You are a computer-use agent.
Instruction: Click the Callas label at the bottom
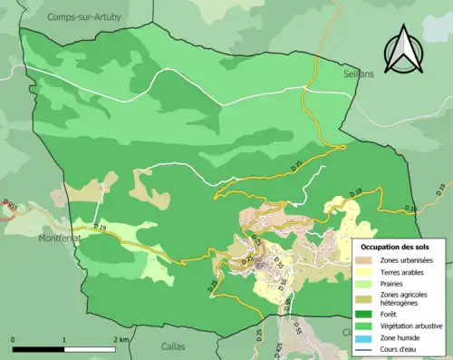point(172,345)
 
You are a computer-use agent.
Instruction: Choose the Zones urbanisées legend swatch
point(365,259)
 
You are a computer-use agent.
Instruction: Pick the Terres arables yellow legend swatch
point(365,270)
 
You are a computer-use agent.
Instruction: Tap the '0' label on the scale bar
point(13,338)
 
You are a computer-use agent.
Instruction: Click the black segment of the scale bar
point(38,348)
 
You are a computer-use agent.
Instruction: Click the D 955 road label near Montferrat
point(10,207)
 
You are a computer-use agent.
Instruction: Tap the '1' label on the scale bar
point(63,338)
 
